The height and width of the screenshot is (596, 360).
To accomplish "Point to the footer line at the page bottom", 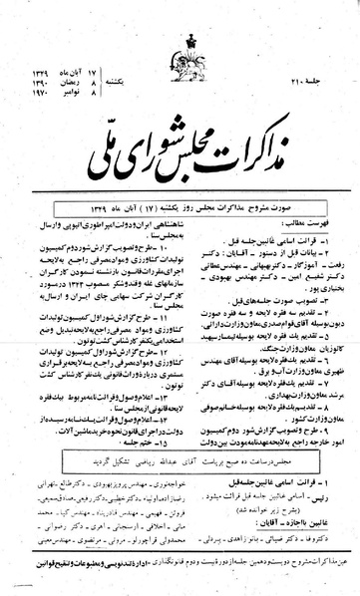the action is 180,566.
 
